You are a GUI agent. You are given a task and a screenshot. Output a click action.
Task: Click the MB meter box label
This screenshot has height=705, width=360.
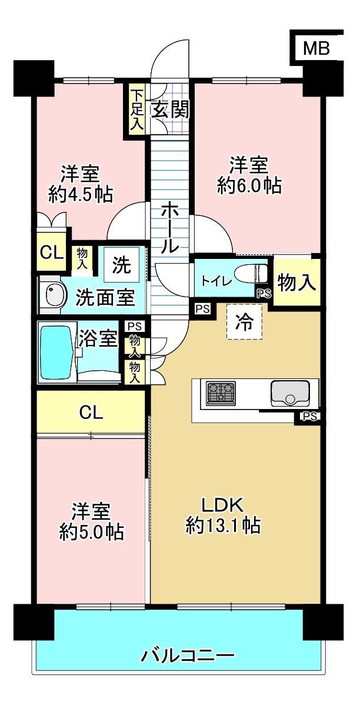point(317,48)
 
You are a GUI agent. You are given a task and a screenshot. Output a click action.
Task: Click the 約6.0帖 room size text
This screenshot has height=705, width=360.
point(249,185)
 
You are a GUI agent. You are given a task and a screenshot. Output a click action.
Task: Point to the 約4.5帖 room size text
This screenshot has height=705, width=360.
point(81,194)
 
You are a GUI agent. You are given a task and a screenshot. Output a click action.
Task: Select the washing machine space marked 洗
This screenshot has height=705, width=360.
point(123,266)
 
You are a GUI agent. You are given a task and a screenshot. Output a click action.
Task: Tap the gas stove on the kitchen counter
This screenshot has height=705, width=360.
point(221,393)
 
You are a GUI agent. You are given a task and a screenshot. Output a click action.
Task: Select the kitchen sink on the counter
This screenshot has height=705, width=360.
point(289,393)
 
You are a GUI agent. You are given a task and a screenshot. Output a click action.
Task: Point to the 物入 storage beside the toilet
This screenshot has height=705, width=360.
point(296,282)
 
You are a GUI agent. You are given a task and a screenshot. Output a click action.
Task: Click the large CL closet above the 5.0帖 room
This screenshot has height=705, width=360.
point(91,411)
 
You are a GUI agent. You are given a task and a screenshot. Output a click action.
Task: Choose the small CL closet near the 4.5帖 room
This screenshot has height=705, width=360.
point(52,252)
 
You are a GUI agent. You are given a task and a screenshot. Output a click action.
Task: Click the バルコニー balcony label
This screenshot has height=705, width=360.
point(188,656)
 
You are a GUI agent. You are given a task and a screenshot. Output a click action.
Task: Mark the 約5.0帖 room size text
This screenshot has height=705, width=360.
point(91,533)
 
